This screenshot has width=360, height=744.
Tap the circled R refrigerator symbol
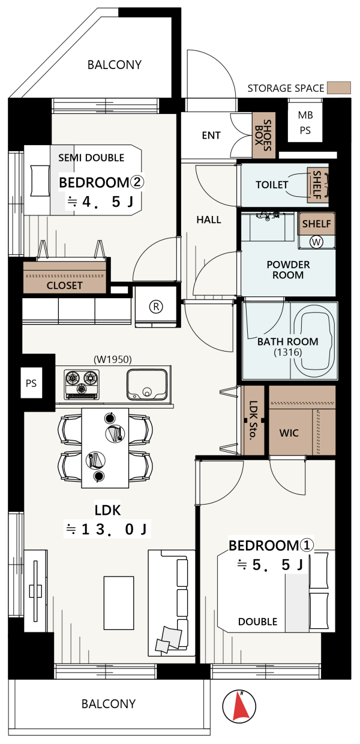tap(156, 306)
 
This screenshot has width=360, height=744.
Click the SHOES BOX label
tap(263, 135)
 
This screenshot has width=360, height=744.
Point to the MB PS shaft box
tap(305, 122)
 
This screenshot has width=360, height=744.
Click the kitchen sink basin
tap(147, 384)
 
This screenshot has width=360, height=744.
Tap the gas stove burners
tap(82, 384)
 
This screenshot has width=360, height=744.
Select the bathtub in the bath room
tap(314, 341)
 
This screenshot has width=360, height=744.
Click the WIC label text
tap(289, 433)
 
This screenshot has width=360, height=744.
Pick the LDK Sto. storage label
tap(253, 420)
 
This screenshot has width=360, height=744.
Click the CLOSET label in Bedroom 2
tap(64, 286)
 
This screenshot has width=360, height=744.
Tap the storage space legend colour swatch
tap(339, 88)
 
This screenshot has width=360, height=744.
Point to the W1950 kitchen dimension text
tap(113, 359)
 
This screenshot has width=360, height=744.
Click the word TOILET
tap(272, 185)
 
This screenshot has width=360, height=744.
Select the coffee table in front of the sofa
tap(119, 603)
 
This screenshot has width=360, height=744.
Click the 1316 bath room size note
tap(288, 352)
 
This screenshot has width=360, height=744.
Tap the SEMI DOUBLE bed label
tap(91, 157)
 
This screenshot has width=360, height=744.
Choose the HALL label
tap(209, 220)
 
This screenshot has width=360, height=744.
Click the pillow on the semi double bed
tap(40, 181)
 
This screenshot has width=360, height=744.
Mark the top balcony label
tap(115, 65)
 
